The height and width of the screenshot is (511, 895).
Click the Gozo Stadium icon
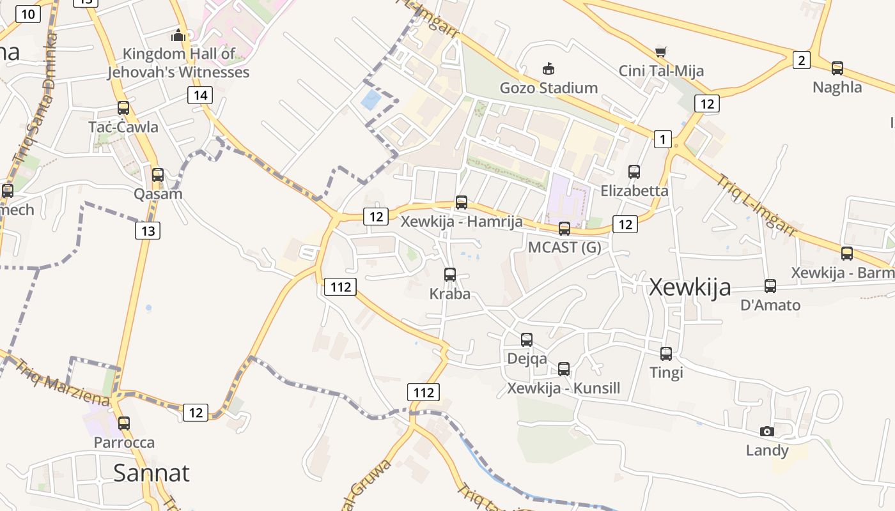pos(548,68)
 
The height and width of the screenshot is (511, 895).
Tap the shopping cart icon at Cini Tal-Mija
pos(661,51)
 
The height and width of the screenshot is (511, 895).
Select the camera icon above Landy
pos(767,432)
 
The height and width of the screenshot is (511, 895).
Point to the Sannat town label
pos(152,473)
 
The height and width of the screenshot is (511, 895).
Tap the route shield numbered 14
pos(200,96)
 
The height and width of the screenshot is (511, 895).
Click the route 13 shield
pos(148,231)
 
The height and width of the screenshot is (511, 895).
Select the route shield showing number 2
pos(800,61)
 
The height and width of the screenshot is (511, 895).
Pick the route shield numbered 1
pos(663,139)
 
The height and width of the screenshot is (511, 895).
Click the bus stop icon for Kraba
pos(450,275)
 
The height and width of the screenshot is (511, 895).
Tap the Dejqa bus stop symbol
pos(527,340)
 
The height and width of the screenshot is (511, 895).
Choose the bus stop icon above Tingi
pos(666,353)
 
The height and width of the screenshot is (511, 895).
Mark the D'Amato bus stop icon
pos(770,286)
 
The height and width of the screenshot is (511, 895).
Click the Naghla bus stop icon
pos(837,68)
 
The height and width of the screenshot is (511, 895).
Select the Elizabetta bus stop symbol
pos(634,171)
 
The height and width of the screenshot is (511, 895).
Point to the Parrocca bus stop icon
pos(124,423)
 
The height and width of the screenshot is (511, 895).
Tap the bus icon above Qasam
pos(158,174)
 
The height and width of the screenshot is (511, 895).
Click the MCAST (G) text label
pos(564,247)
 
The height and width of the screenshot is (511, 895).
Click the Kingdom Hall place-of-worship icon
pos(178,35)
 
